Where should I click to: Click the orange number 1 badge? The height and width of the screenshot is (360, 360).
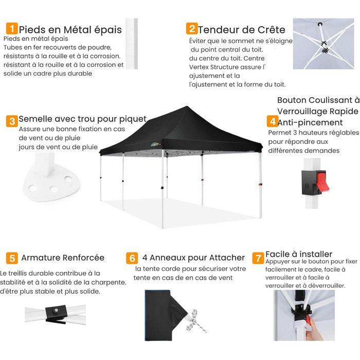coord(12,28)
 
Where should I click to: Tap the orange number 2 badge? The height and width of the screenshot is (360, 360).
coord(192,28)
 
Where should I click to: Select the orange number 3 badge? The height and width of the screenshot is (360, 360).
coord(12,121)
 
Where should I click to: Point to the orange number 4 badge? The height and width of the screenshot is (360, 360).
coord(273,121)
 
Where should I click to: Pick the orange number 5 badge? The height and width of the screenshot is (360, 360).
coord(12,258)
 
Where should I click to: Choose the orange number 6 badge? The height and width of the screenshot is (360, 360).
coord(132,258)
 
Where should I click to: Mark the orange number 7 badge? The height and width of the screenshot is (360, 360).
coord(258,258)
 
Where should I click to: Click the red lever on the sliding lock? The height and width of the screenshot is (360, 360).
coord(322,183)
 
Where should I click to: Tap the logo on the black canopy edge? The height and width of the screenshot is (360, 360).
coord(155,144)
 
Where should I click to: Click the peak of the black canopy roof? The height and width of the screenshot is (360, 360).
coord(187,107)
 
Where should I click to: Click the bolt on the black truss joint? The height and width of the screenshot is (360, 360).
coord(56,311)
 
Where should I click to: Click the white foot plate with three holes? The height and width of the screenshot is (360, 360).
coord(51,182)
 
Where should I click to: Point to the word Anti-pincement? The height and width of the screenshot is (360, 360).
coord(310,122)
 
